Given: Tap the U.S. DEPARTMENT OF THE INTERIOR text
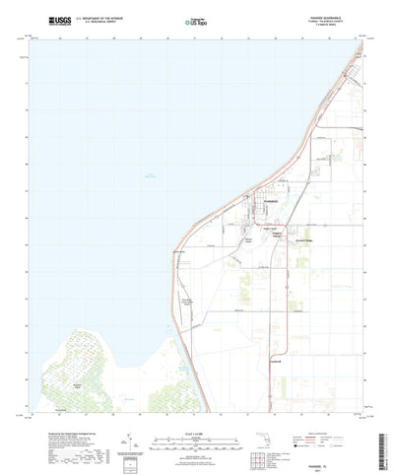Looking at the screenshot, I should click(96, 16).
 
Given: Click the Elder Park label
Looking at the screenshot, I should click(246, 233).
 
